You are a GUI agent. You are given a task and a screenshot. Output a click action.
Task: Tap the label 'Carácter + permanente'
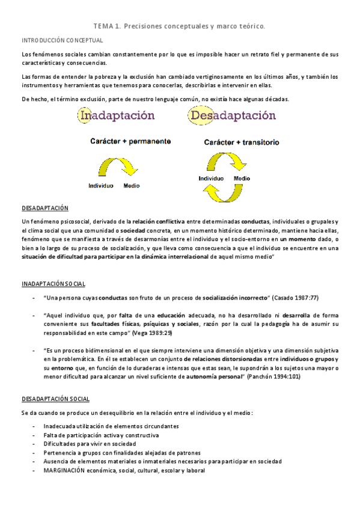[x=130, y=141]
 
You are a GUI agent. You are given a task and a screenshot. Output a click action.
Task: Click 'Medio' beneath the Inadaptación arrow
[x=132, y=185]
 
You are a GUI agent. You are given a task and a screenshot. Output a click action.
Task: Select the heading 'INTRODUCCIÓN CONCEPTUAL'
[x=63, y=40]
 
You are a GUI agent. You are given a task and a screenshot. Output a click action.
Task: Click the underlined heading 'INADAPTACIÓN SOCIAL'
[x=53, y=283]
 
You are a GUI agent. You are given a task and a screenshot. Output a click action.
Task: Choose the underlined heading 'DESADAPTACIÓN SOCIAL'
[x=55, y=399]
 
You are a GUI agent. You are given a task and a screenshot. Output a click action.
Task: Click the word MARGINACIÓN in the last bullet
[x=66, y=470]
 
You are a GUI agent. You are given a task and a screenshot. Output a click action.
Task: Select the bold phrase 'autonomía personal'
[x=214, y=376]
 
